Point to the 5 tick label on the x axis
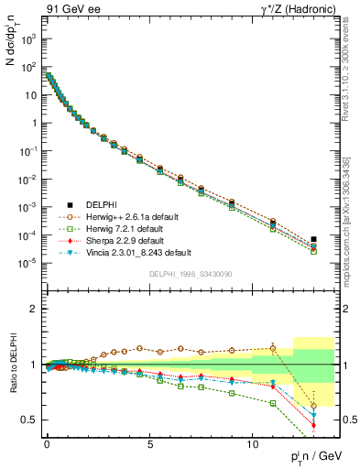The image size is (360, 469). coord(149,442)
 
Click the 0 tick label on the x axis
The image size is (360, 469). coord(47,442)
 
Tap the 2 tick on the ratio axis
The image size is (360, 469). coord(33,310)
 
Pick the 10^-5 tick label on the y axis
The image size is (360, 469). coord(27,263)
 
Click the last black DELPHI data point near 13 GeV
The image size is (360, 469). coord(313,239)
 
